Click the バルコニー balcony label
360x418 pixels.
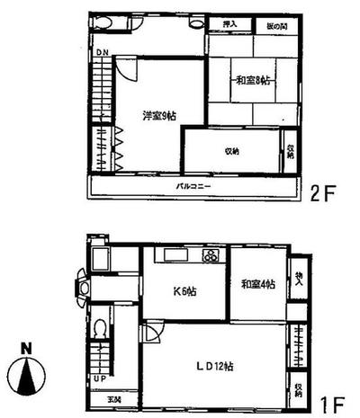[193, 186]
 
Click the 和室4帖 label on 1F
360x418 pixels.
[257, 283]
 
